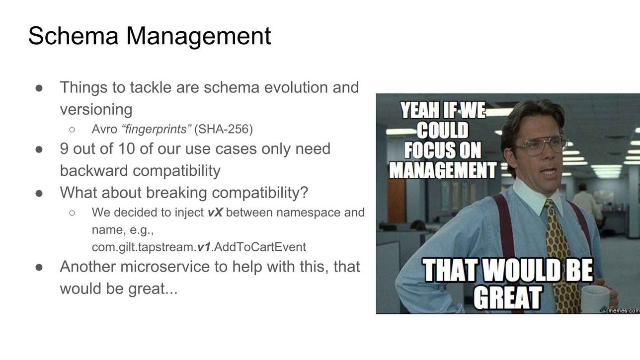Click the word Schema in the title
point(73,36)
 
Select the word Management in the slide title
point(198,36)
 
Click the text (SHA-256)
point(224,129)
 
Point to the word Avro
point(104,129)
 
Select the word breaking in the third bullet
point(176,193)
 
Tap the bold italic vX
point(215,213)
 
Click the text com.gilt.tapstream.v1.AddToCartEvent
point(199,247)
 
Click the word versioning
point(96,110)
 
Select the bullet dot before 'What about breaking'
point(39,193)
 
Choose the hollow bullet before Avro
point(72,130)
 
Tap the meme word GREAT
point(508,297)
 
